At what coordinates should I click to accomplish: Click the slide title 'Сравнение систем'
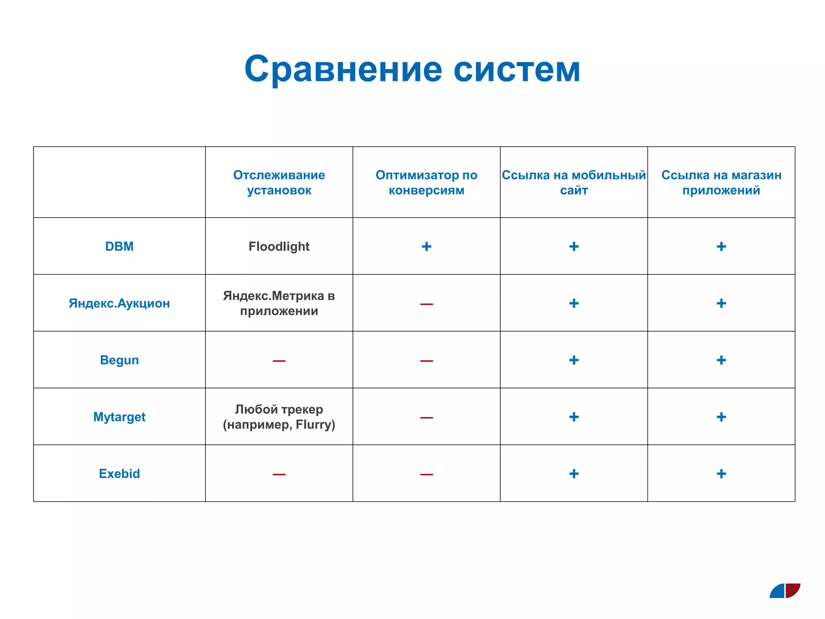(412, 69)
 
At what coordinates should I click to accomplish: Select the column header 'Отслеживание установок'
(279, 183)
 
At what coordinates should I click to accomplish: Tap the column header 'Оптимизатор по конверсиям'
(426, 183)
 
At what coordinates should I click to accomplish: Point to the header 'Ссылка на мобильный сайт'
(574, 183)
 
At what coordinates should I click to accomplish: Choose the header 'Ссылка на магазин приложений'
(721, 183)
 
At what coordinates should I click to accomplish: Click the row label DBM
(119, 246)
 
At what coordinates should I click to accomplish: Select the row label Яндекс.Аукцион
(119, 303)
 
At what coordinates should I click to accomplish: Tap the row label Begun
(119, 360)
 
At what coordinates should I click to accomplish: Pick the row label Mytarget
(119, 417)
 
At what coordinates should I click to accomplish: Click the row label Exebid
(119, 474)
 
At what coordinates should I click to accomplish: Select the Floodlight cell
(279, 246)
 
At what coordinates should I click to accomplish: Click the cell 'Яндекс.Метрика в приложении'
(279, 303)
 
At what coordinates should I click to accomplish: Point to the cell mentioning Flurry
(279, 417)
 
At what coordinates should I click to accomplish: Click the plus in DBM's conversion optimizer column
(426, 246)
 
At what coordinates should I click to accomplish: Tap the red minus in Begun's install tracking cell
(279, 361)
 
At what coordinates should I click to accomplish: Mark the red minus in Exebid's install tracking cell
(279, 474)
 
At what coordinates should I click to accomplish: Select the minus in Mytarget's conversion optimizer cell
(426, 418)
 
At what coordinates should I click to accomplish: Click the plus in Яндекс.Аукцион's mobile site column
(574, 303)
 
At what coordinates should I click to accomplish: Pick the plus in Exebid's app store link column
(721, 474)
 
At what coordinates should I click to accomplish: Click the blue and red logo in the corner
(785, 590)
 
